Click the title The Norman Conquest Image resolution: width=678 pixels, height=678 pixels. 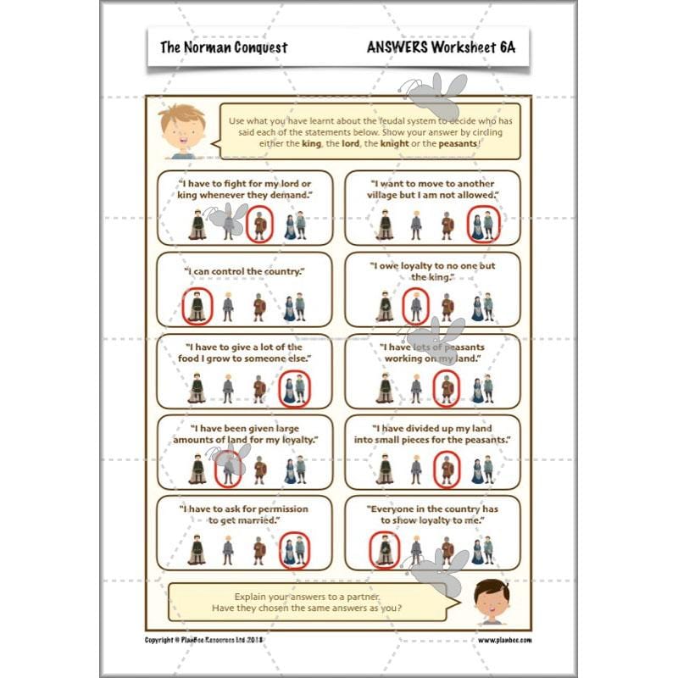[x=224, y=47]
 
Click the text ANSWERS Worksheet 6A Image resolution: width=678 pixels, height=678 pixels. [x=440, y=47]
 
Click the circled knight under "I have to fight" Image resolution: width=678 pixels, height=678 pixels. [x=260, y=225]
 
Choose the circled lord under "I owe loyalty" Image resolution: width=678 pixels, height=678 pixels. [x=415, y=306]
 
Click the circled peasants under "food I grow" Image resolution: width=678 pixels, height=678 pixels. [x=295, y=388]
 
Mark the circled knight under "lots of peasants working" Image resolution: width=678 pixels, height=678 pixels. [x=447, y=388]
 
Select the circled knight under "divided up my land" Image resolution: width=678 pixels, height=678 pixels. [x=447, y=469]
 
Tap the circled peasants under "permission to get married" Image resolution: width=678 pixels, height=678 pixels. [x=295, y=550]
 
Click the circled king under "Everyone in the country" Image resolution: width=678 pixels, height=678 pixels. [x=385, y=550]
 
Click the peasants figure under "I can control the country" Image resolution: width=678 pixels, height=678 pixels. [x=295, y=306]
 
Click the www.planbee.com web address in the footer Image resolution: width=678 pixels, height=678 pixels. [x=504, y=640]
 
